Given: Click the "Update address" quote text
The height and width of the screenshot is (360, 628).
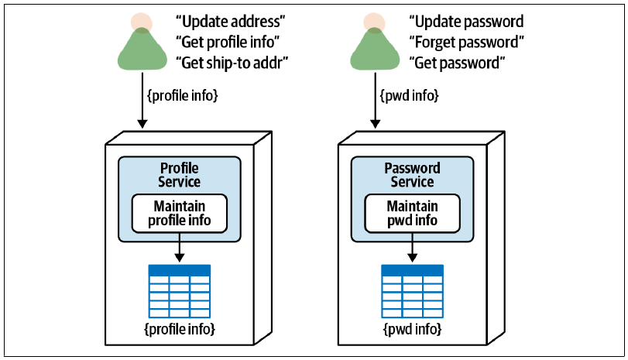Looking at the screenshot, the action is pyautogui.click(x=230, y=21).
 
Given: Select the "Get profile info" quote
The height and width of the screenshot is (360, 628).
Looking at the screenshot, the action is pyautogui.click(x=228, y=42).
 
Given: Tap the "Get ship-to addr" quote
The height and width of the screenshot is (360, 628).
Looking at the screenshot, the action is pyautogui.click(x=232, y=63).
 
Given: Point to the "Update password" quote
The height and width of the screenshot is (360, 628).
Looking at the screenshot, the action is pyautogui.click(x=466, y=21).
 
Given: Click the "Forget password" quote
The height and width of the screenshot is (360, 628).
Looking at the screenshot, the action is pyautogui.click(x=467, y=42).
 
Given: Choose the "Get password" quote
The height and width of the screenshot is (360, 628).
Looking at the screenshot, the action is pyautogui.click(x=457, y=63).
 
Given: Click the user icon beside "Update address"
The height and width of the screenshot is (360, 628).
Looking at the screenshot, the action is pyautogui.click(x=142, y=42).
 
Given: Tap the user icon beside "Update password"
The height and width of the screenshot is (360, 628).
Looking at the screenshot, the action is pyautogui.click(x=375, y=42).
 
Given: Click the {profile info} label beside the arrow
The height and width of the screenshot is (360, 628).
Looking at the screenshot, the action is pyautogui.click(x=183, y=96).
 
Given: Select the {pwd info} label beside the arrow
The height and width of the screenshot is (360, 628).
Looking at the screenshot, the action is pyautogui.click(x=410, y=96).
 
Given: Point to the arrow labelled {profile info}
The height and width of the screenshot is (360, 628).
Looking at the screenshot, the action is pyautogui.click(x=142, y=101).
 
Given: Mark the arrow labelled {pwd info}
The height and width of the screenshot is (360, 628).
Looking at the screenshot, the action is pyautogui.click(x=376, y=101).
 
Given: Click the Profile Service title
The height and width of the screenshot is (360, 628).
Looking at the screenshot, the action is pyautogui.click(x=180, y=175).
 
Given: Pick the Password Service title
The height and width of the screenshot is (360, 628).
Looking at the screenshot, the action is pyautogui.click(x=413, y=175).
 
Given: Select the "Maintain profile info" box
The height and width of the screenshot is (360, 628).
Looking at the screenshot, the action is pyautogui.click(x=180, y=214).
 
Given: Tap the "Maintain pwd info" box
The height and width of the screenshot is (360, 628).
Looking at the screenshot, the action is pyautogui.click(x=413, y=214).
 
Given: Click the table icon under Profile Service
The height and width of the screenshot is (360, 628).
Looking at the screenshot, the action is pyautogui.click(x=180, y=291).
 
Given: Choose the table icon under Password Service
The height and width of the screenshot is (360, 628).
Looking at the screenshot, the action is pyautogui.click(x=413, y=291).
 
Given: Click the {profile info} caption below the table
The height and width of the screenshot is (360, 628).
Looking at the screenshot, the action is pyautogui.click(x=180, y=329).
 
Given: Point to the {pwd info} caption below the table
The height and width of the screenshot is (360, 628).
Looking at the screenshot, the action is pyautogui.click(x=413, y=329).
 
